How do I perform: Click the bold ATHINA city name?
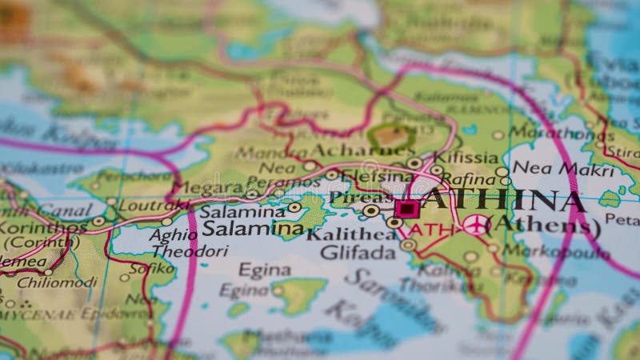[504, 200]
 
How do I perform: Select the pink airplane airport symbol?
[475, 225]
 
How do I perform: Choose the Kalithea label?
[351, 234]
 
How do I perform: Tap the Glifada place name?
[358, 253]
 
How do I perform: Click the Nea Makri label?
[552, 168]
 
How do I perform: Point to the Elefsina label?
[377, 176]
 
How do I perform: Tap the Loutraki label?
[153, 205]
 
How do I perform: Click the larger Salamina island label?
[252, 229]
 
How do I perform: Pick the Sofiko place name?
[152, 268]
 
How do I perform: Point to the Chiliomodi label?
[58, 282]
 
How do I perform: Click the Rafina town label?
[467, 179]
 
